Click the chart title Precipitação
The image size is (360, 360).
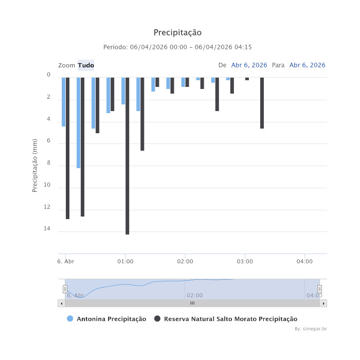177,33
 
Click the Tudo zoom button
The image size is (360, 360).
86,65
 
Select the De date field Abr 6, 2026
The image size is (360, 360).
249,65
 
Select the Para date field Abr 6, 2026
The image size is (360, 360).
307,65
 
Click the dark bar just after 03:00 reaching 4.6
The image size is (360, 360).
262,103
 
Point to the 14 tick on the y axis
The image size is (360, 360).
48,229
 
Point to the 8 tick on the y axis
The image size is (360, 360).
48,163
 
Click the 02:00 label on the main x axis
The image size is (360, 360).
185,261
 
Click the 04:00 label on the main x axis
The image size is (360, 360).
304,261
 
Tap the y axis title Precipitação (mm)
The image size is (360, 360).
35,165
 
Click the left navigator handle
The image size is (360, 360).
65,289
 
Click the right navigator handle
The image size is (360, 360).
319,289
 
